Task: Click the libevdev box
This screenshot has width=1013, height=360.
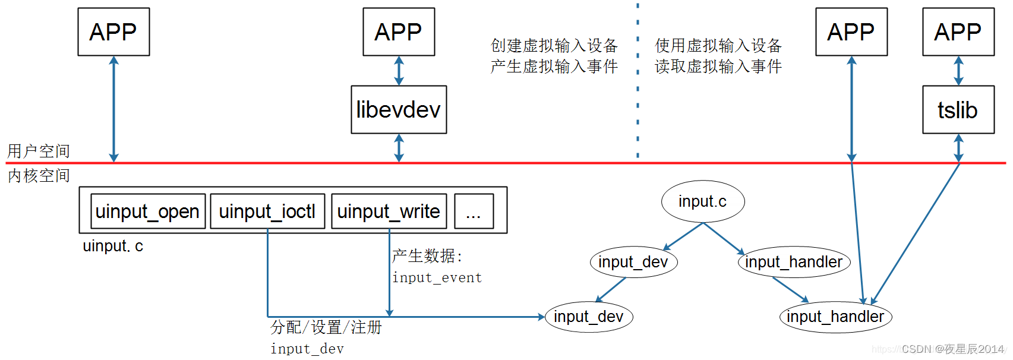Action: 399,110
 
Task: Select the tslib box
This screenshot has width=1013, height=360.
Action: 958,110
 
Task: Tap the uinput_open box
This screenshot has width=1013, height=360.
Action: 147,211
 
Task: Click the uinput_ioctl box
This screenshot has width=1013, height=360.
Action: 267,211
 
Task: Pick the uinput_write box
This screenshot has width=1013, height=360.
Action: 389,211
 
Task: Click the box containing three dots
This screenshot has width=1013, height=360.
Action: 474,211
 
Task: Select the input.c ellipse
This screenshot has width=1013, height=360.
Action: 703,202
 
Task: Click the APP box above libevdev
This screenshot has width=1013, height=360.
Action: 399,32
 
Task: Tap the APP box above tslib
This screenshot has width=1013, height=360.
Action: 958,32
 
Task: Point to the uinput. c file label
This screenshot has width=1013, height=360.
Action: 113,246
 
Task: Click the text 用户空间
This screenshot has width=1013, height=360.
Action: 39,151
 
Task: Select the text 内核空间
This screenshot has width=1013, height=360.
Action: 39,176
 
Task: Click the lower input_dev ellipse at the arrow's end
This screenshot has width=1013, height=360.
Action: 589,317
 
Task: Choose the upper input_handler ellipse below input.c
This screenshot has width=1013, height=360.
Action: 794,262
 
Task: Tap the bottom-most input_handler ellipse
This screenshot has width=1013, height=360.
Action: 835,317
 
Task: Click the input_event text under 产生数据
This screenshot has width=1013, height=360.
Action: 437,278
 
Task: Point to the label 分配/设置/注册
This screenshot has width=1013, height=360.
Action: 326,327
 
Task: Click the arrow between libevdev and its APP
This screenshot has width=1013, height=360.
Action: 399,71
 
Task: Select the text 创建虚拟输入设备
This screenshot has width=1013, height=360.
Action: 554,46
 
